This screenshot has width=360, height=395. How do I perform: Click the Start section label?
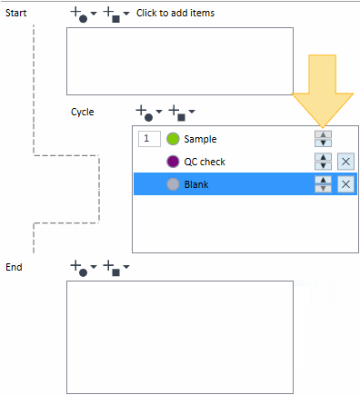[x=15, y=13]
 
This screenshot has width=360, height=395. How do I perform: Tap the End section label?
[x=14, y=267]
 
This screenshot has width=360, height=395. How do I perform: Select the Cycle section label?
[x=83, y=112]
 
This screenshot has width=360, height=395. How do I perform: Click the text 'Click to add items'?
[x=175, y=13]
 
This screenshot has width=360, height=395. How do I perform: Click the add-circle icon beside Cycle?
[x=145, y=114]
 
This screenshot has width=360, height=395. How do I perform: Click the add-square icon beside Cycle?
[x=177, y=114]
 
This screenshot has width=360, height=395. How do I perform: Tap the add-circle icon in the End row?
[x=79, y=269]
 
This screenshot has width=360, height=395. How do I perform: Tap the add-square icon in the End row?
[x=112, y=269]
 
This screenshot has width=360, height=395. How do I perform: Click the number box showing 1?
[x=149, y=139]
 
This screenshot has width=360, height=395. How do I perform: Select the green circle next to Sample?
[x=173, y=139]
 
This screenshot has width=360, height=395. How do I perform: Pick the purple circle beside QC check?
[x=173, y=162]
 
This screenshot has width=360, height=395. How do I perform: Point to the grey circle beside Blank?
[x=173, y=184]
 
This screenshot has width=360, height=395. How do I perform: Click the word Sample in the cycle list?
[x=200, y=139]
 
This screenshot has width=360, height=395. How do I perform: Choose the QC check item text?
[x=205, y=162]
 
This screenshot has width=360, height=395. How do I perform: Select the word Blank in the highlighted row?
[x=196, y=184]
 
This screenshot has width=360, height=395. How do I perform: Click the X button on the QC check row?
[x=345, y=162]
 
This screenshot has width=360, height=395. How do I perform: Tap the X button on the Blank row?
[x=345, y=184]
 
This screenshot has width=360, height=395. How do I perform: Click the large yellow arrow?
[x=323, y=91]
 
